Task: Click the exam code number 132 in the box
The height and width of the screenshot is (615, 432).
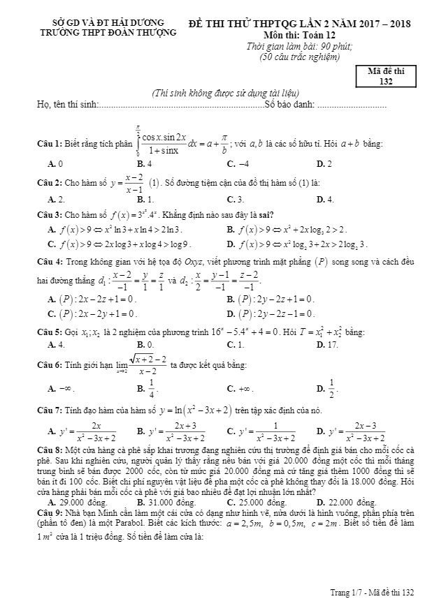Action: pyautogui.click(x=385, y=82)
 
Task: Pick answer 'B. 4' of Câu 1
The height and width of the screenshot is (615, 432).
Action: pyautogui.click(x=145, y=164)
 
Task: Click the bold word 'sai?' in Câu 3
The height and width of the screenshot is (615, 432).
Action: pyautogui.click(x=265, y=214)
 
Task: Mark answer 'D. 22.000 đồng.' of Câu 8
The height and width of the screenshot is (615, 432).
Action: pyautogui.click(x=346, y=502)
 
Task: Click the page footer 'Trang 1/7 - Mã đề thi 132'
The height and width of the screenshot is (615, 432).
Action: pyautogui.click(x=373, y=592)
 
